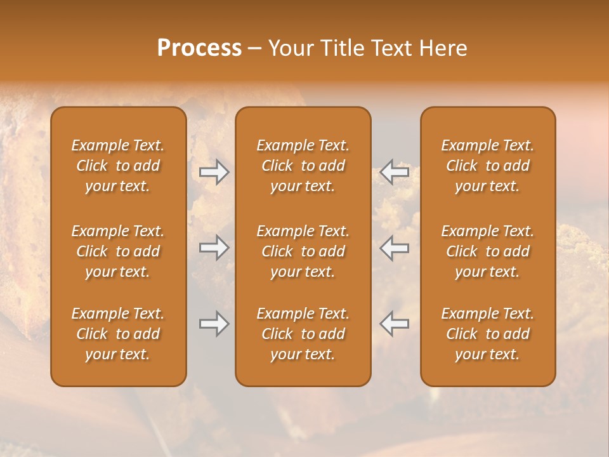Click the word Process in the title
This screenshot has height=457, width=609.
[x=199, y=48]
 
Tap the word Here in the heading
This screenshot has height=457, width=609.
[x=443, y=48]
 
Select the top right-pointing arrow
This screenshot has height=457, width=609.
[x=214, y=171]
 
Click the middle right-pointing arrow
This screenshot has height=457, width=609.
[x=214, y=248]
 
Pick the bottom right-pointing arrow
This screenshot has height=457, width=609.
[x=214, y=324]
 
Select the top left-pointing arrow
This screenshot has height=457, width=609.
[x=395, y=171]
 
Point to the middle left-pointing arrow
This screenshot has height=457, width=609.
[x=395, y=248]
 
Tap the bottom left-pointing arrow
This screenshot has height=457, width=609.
[x=395, y=324]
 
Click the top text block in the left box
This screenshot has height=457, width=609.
[x=118, y=166]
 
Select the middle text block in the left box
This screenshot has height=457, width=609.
[x=118, y=251]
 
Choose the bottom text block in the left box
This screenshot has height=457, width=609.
[x=118, y=334]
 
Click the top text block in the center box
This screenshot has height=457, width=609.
[x=303, y=166]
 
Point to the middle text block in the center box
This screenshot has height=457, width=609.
[x=303, y=251]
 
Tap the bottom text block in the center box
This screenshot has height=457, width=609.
[x=303, y=334]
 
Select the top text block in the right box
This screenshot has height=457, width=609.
[x=487, y=166]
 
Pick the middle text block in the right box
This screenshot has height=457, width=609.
[x=487, y=251]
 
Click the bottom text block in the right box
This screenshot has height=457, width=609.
[x=487, y=334]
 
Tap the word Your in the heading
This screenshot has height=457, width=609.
[x=289, y=48]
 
